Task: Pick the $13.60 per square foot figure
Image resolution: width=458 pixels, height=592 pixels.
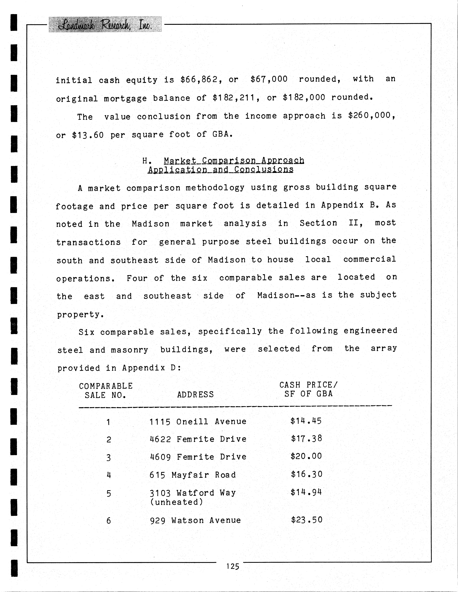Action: (x=88, y=135)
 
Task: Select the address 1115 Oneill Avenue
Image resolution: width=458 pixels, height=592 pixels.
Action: (x=198, y=422)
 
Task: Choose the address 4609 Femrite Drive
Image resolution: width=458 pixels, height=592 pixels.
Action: (x=198, y=457)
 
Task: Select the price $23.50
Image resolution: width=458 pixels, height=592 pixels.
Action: (x=306, y=520)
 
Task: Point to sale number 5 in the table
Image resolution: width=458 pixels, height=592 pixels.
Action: (x=109, y=493)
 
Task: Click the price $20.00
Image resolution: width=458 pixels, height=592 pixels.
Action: (x=306, y=456)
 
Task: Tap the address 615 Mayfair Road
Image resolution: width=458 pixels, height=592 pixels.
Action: (x=193, y=475)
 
